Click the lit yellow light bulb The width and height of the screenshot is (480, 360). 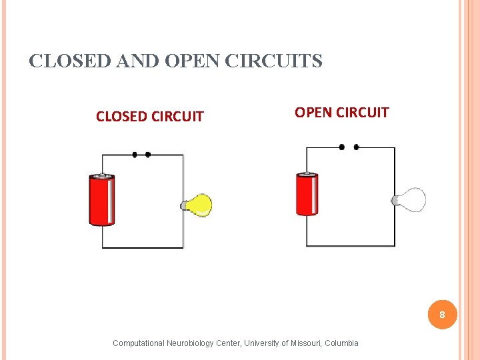coord(199,205)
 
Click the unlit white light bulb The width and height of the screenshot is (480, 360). coord(411,199)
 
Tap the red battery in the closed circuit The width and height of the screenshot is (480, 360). coord(102,199)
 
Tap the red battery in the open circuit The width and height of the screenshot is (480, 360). coord(307,194)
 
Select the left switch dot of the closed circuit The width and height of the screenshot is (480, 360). coord(135,155)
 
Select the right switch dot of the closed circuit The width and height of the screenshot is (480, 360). coord(148,155)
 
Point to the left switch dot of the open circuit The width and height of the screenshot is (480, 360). coord(342,147)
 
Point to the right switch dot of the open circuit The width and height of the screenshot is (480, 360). coord(357,147)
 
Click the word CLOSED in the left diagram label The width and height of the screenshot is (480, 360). coord(122,117)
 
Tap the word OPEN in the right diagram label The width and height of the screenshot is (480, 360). coord(313,112)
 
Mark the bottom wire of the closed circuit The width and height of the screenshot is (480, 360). coord(142,248)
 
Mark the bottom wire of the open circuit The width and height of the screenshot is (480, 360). coord(350,246)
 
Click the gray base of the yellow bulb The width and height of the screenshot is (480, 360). coord(184,206)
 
